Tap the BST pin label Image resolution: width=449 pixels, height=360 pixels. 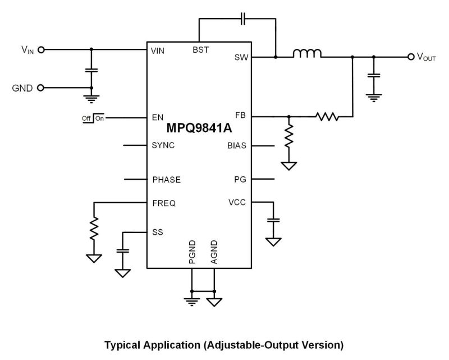[200, 50]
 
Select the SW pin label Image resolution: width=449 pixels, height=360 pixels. [241, 58]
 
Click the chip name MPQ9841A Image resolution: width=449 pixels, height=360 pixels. [199, 129]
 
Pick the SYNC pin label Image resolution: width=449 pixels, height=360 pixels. [163, 145]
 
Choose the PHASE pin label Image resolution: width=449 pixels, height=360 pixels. [167, 180]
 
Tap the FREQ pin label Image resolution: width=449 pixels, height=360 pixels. [164, 203]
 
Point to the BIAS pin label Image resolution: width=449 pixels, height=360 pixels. [237, 145]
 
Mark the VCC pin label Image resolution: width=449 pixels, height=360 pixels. [237, 202]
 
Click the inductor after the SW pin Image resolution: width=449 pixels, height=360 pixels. [307, 54]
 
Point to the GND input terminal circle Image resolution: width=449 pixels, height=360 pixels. [40, 88]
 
